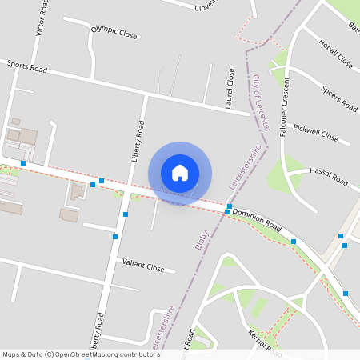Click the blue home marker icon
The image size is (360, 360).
coord(180,172)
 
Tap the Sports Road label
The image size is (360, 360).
coord(27,67)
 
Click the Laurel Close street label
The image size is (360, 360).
coord(230,87)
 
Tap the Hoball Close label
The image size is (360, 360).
coord(335,54)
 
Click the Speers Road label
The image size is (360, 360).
coord(339,98)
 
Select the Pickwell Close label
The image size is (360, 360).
coord(316,132)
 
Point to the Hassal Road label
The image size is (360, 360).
coord(329,178)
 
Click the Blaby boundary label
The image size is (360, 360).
coord(202,240)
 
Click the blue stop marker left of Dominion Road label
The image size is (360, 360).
coord(228,212)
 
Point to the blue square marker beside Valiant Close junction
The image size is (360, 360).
coord(115,236)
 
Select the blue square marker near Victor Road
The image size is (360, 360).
coord(23,163)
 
